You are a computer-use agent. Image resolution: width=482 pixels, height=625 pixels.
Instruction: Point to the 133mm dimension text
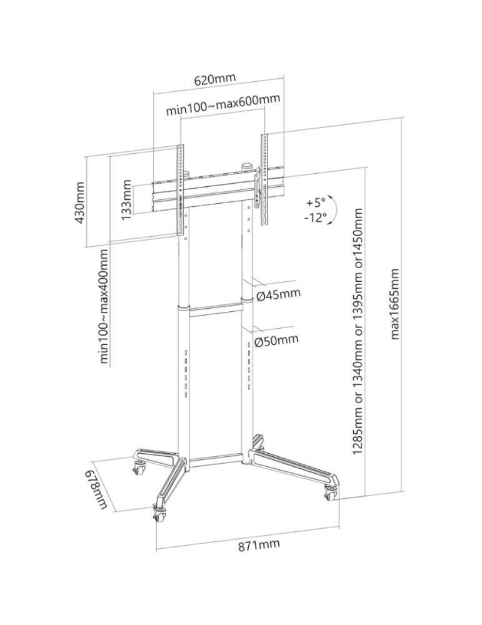[128, 200]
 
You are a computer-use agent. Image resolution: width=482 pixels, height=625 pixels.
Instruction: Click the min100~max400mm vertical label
[104, 306]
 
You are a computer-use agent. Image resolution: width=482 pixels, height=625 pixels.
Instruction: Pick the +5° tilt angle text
[316, 203]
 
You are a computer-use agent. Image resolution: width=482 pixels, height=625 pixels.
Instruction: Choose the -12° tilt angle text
[316, 218]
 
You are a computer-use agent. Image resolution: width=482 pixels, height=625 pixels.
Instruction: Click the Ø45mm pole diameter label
[278, 294]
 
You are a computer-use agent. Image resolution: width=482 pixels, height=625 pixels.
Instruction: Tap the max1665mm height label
[394, 304]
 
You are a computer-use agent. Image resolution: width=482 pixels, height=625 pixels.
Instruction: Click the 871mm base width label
[258, 546]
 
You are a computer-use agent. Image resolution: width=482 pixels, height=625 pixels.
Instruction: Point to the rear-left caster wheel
[138, 466]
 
